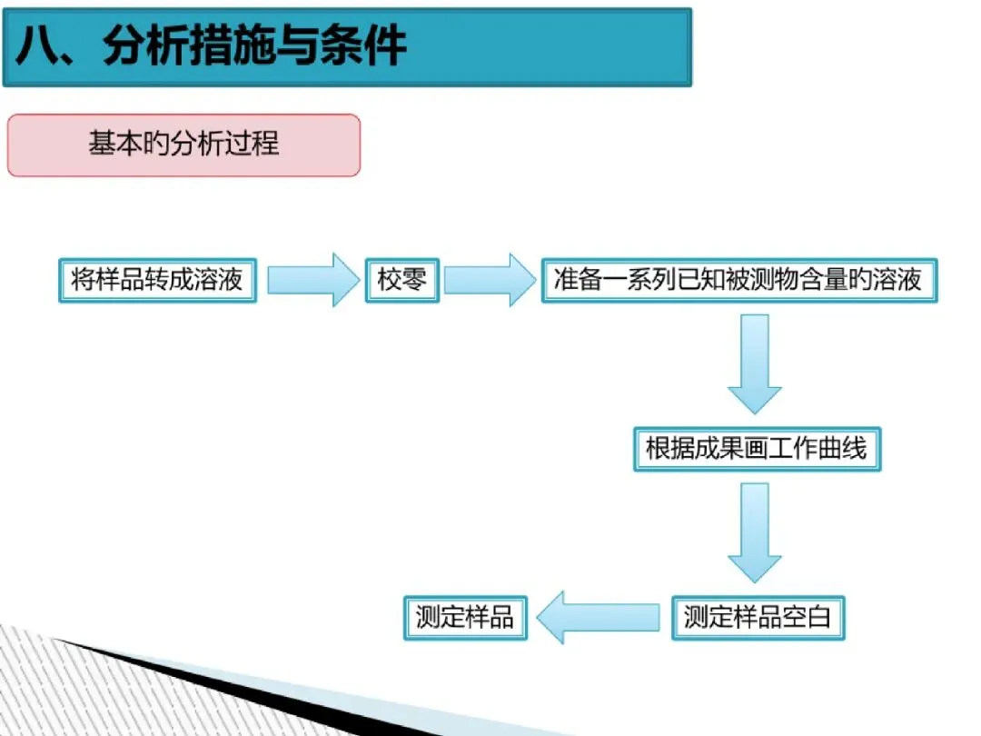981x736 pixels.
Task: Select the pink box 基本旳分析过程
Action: pyautogui.click(x=183, y=144)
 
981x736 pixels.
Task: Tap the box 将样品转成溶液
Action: pyautogui.click(x=157, y=279)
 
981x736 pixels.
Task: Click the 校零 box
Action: pyautogui.click(x=401, y=279)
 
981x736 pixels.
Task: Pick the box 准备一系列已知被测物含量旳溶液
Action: pyautogui.click(x=738, y=279)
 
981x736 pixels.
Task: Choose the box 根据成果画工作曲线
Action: pyautogui.click(x=756, y=448)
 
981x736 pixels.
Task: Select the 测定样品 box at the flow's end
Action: pyautogui.click(x=464, y=618)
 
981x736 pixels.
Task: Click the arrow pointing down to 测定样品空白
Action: pyautogui.click(x=754, y=532)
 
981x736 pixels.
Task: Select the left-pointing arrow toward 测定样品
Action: pyautogui.click(x=597, y=618)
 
